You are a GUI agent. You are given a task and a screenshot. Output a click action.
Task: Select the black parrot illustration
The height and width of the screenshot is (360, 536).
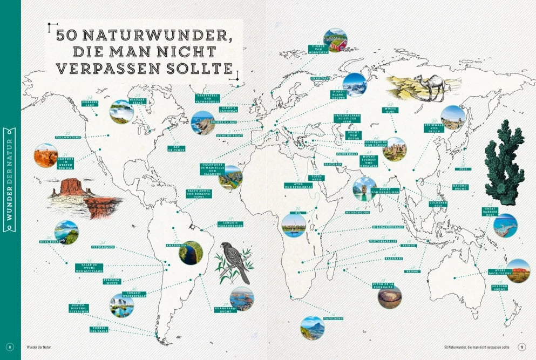click(x=234, y=262)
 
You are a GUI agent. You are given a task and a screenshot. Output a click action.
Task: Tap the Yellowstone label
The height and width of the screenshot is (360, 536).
click(x=68, y=137)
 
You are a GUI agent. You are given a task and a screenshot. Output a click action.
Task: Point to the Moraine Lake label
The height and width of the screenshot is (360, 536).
click(x=89, y=103)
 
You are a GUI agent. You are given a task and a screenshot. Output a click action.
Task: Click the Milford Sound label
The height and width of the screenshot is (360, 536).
click(x=499, y=288)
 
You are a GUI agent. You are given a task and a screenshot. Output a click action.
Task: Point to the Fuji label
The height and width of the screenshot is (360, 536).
click(x=464, y=169)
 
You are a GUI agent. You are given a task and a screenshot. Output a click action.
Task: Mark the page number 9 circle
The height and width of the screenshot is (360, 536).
click(x=522, y=347)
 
